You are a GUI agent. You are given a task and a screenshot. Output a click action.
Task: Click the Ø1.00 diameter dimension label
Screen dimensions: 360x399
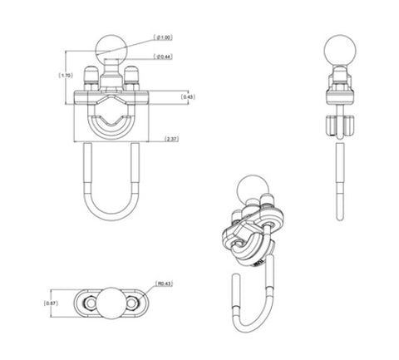point(165,37)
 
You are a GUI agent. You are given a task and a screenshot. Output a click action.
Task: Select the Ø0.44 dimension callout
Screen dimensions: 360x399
point(165,57)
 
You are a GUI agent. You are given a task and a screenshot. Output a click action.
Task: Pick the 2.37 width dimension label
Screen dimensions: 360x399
point(173,137)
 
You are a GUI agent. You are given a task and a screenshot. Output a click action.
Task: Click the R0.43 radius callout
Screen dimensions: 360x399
point(164,284)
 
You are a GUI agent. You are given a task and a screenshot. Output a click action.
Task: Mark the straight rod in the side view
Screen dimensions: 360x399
point(339,179)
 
